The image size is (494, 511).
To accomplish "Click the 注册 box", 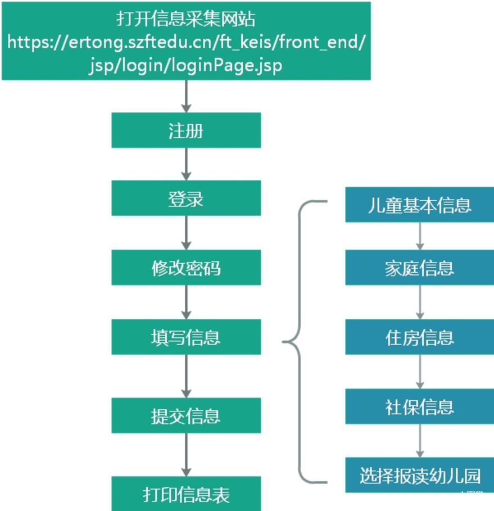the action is tap(186, 130).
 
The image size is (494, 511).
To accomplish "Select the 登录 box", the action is tap(186, 198).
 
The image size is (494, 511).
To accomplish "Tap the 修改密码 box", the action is tap(186, 268).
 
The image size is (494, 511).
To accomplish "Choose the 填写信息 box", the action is tap(186, 337).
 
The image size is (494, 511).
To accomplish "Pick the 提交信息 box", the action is tap(186, 415).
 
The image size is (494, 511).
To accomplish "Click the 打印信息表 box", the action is tap(186, 494).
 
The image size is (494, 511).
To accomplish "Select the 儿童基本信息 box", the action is tap(420, 205).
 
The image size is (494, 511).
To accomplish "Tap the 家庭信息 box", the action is tap(420, 268).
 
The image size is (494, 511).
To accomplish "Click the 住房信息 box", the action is tap(420, 337).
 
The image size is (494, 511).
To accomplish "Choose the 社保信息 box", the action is tap(420, 406).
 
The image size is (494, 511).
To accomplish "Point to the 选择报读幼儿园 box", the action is tap(420, 475).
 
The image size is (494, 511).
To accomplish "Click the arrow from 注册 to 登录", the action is tap(186, 164).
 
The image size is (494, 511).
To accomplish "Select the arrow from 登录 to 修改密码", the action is tap(186, 233).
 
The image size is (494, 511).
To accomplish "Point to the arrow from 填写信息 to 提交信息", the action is tap(186, 376).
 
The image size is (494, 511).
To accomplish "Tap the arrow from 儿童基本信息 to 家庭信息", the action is tap(420, 236).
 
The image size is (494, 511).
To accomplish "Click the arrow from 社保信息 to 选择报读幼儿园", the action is tap(420, 441).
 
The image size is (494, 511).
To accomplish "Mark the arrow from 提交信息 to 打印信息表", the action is tap(186, 455).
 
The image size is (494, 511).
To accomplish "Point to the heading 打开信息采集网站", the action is tap(186, 19).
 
